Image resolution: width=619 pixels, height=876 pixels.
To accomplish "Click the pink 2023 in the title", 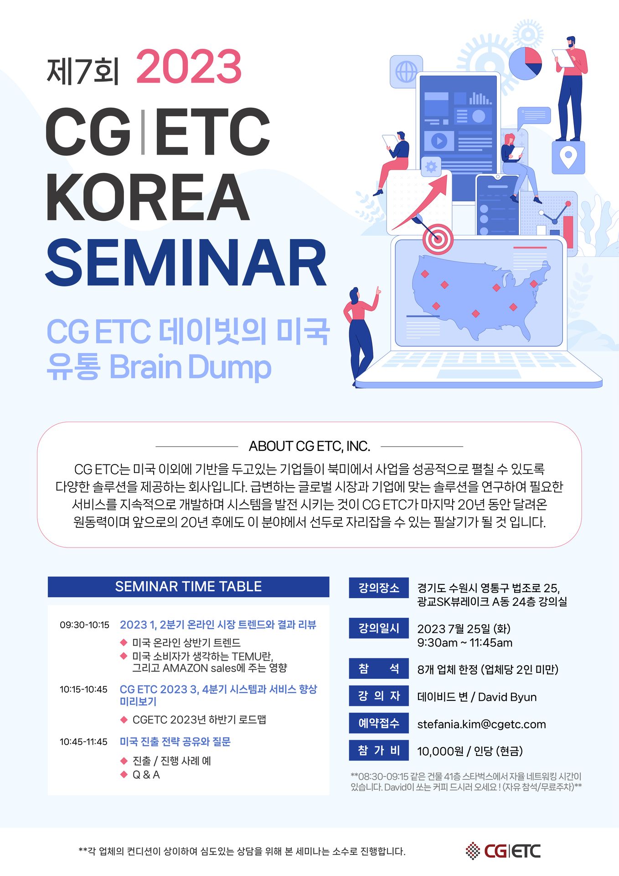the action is (189, 67).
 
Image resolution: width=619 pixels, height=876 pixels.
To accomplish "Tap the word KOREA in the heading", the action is (148, 197).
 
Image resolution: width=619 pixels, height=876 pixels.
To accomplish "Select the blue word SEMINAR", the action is (186, 263).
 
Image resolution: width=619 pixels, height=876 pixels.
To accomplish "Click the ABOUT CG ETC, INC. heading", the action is (309, 446).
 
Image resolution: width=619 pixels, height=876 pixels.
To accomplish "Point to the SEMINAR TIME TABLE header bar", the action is (188, 587).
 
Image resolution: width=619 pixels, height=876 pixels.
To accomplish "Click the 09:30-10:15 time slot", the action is (84, 625).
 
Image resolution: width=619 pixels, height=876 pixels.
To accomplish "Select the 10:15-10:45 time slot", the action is (83, 689).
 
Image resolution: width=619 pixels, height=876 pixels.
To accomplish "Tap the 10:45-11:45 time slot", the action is (83, 742).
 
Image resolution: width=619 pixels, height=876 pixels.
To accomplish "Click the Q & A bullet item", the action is (146, 775).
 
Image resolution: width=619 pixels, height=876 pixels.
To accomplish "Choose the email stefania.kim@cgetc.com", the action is (481, 724).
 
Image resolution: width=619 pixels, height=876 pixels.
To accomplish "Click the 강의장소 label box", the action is (379, 588).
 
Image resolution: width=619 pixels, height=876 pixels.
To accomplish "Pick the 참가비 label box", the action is (379, 750).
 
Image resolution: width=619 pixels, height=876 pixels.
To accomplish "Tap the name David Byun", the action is (507, 697).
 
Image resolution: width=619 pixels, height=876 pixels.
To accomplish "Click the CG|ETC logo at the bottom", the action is (503, 851).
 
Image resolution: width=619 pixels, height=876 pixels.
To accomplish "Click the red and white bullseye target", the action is (438, 238).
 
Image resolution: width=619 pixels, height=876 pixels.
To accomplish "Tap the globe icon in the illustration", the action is (406, 72).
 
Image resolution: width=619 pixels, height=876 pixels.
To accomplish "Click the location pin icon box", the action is (568, 157).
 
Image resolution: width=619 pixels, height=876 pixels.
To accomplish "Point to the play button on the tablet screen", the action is (439, 141).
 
